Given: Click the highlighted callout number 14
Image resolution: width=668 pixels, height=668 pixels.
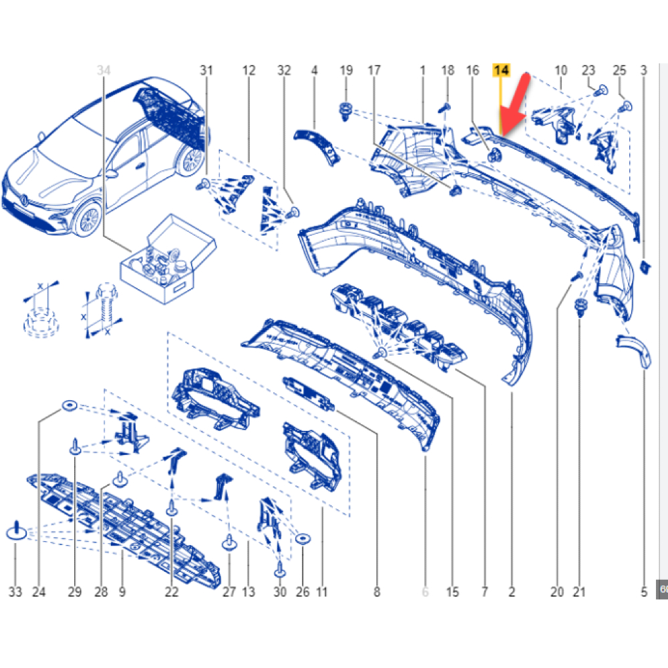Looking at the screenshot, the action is coord(501,70).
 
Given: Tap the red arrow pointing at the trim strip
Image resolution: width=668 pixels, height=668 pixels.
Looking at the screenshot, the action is coord(514,105).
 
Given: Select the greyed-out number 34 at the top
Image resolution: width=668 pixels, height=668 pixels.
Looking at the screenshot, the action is coord(104,70).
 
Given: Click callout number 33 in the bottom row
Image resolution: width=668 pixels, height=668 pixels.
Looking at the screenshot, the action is coord(15,591).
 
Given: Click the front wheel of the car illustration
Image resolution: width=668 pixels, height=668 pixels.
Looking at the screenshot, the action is coord(89,219).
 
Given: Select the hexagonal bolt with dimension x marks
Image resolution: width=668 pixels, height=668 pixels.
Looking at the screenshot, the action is coord(104,309).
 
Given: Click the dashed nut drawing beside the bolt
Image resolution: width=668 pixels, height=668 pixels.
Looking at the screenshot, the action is coord(41,322).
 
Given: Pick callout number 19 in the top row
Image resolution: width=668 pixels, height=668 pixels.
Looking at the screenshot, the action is coord(346,70).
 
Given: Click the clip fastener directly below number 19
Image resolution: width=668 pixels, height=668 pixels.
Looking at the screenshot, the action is coord(345,111).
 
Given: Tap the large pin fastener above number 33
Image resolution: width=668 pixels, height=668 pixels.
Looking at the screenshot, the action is coord(17,530).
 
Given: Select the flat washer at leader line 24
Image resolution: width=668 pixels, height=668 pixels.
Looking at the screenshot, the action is coord(69,405).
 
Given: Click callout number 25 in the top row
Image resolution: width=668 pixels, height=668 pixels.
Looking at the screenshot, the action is coord(619,70).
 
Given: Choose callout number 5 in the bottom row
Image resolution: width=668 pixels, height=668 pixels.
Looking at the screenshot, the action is coord(644,591).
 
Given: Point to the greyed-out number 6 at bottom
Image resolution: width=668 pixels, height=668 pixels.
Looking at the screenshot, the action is coord(425,591).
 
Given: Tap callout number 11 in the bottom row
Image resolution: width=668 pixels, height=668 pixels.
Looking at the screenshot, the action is coord(322,591).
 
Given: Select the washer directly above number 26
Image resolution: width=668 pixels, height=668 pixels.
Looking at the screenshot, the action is coord(303,538).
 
